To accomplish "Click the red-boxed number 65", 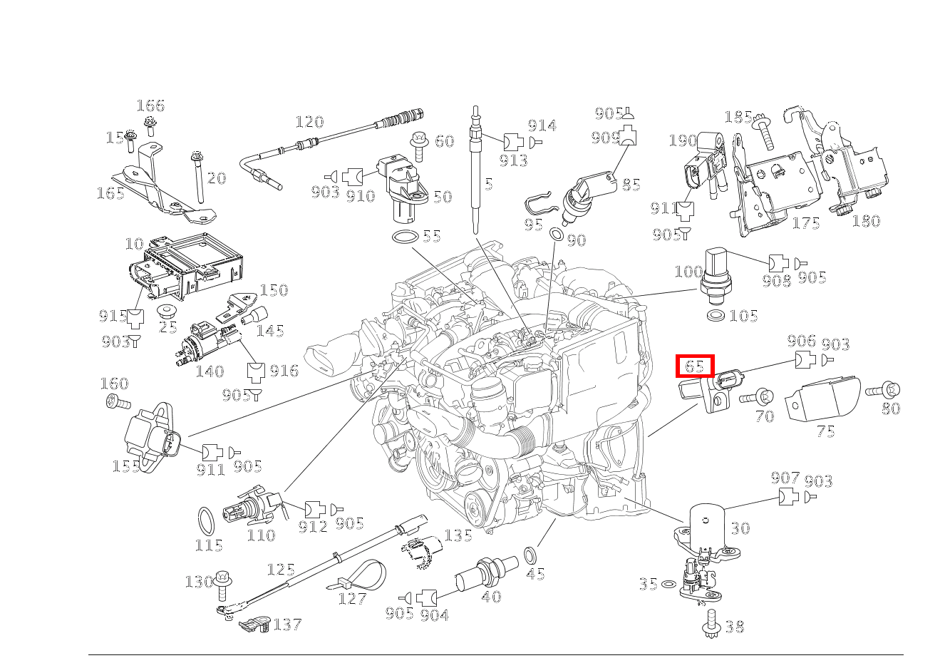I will click(x=695, y=366).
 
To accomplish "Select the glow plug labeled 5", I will click(x=474, y=171).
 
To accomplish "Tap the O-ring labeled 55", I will click(x=405, y=237).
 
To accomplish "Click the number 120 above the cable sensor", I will click(x=309, y=122).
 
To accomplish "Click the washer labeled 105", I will click(x=716, y=315).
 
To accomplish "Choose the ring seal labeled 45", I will click(x=531, y=555).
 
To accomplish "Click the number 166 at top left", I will click(x=150, y=106).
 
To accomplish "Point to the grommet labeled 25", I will click(x=167, y=312).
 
